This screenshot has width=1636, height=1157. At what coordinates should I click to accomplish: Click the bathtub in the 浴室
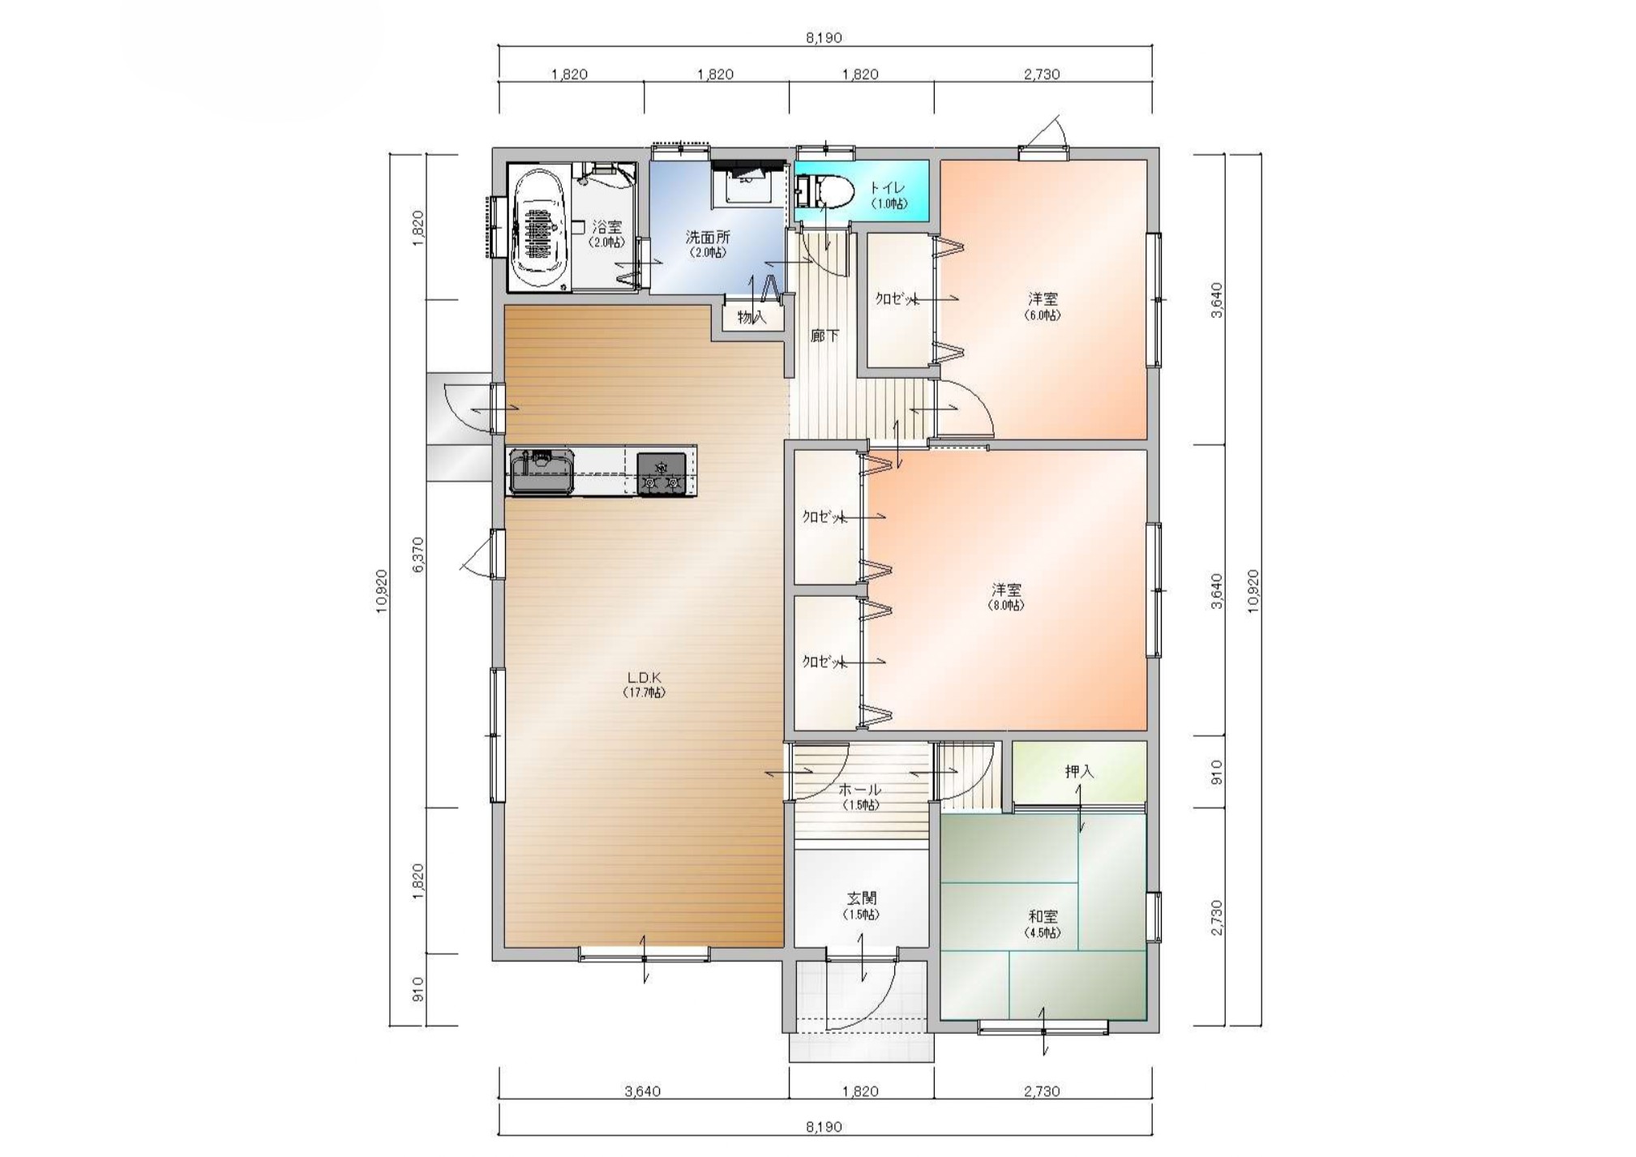[x=538, y=228]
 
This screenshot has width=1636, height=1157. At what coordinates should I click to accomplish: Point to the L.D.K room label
[x=645, y=677]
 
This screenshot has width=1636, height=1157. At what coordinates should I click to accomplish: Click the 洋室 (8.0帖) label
[x=1006, y=596]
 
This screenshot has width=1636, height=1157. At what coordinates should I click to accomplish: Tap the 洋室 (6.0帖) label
[x=1043, y=306]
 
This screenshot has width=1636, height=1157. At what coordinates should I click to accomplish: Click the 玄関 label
[x=861, y=898]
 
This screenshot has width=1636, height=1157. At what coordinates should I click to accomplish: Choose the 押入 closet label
[x=1079, y=771]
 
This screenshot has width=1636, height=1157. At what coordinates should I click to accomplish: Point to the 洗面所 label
[x=708, y=237]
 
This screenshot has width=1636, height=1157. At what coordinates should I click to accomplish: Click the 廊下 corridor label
[x=824, y=335]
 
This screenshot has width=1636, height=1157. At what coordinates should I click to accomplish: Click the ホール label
[x=859, y=790]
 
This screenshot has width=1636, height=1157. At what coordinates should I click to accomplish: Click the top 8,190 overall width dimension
[x=824, y=38]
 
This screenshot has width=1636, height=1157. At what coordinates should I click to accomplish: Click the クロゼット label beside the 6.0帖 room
[x=896, y=298]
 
